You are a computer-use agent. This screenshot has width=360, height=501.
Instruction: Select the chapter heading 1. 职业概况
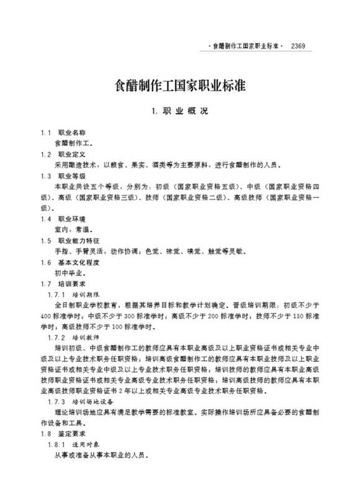tap(181, 112)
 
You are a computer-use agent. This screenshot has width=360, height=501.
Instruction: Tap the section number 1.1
tap(46, 133)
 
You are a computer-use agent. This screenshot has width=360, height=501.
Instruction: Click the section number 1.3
tap(46, 176)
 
